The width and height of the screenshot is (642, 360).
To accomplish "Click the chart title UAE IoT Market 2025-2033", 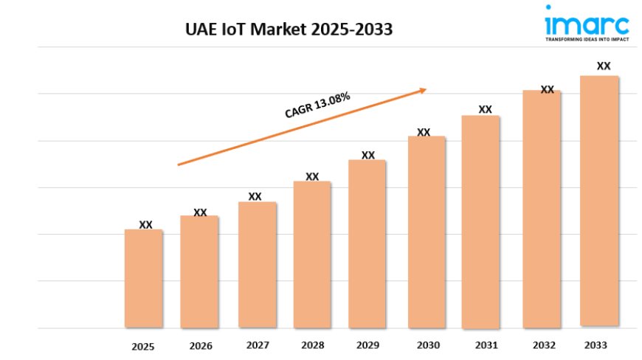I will point(289,30).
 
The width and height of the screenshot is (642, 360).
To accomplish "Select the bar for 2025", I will point(143,278).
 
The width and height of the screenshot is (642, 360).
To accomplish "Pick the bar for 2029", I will point(367,243).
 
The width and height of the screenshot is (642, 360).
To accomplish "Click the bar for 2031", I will point(480,221).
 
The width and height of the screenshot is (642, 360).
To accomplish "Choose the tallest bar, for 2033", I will point(599,201).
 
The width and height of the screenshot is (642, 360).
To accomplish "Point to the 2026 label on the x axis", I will point(201,346).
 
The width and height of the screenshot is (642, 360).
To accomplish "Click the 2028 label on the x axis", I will point(312,345).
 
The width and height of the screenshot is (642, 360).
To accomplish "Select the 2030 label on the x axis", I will point(428,345).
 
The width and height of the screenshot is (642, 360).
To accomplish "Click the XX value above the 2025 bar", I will point(146,225).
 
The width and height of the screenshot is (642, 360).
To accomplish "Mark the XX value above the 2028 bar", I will point(312,177).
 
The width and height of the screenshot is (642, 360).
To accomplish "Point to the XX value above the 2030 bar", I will point(424,133).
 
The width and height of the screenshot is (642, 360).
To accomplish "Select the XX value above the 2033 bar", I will point(604,66).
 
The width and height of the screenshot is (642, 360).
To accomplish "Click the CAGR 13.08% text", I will point(317,105).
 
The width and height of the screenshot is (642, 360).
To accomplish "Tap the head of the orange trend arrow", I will point(423,90).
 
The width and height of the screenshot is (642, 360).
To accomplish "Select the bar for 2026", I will point(199,271).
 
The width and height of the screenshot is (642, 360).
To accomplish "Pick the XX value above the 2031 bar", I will point(485,110).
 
